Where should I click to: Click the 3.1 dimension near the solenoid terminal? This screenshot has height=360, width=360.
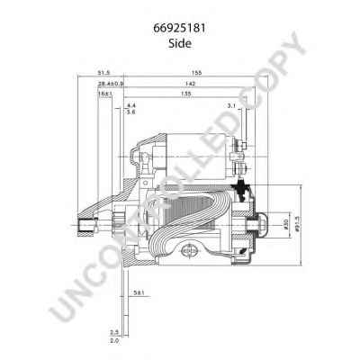230,105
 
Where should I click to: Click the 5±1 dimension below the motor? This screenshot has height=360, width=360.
137,292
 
